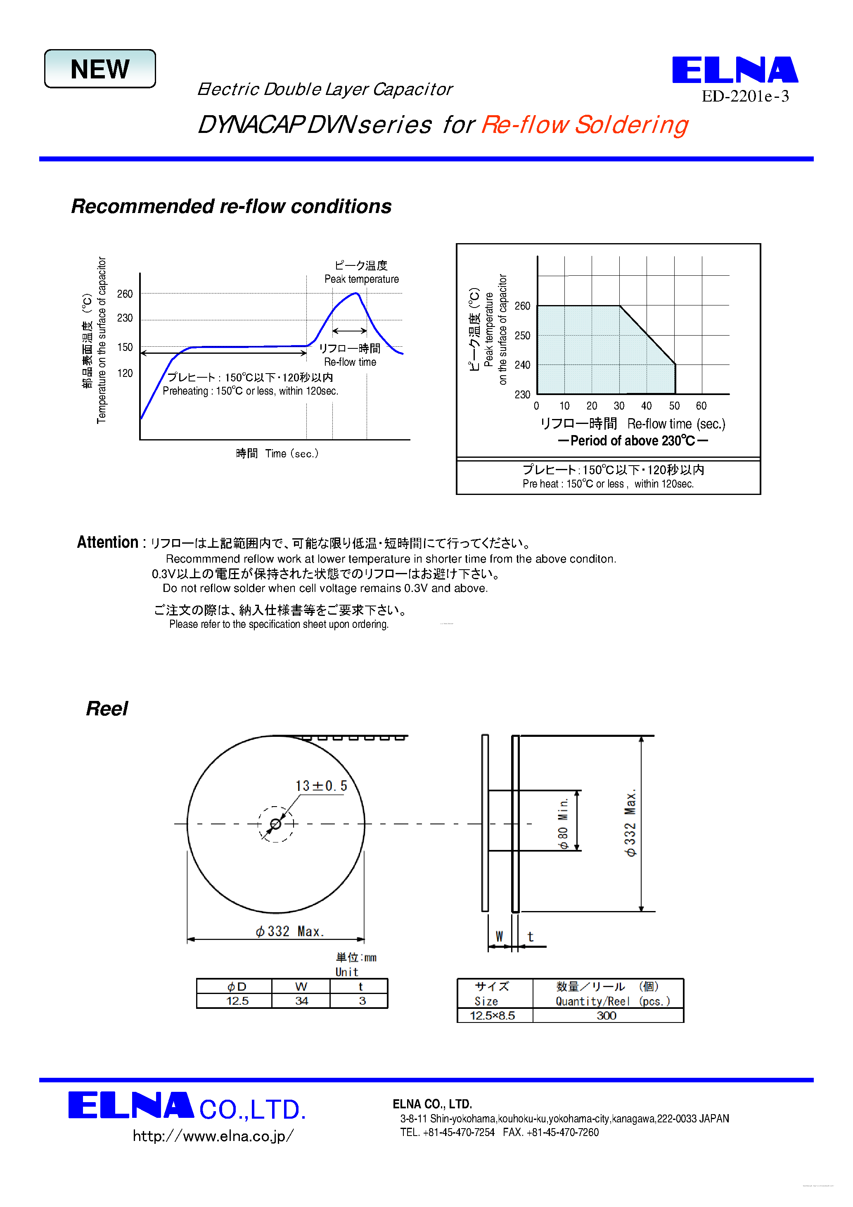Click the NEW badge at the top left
[100, 69]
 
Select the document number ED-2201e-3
[745, 96]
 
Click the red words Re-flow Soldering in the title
[584, 125]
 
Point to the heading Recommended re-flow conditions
[231, 206]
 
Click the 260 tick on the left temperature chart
[125, 294]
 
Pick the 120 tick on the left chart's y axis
[125, 373]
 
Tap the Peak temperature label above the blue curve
[361, 279]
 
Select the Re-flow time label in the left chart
[350, 362]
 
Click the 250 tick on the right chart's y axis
[522, 336]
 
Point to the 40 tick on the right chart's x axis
[646, 406]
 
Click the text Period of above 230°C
[633, 440]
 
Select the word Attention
[107, 542]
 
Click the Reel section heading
[107, 709]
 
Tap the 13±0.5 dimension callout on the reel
[321, 786]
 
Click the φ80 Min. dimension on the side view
[563, 823]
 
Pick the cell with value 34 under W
[301, 1001]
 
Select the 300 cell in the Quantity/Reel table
[607, 1015]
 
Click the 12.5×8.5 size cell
[492, 1015]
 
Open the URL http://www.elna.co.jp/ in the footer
[213, 1136]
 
